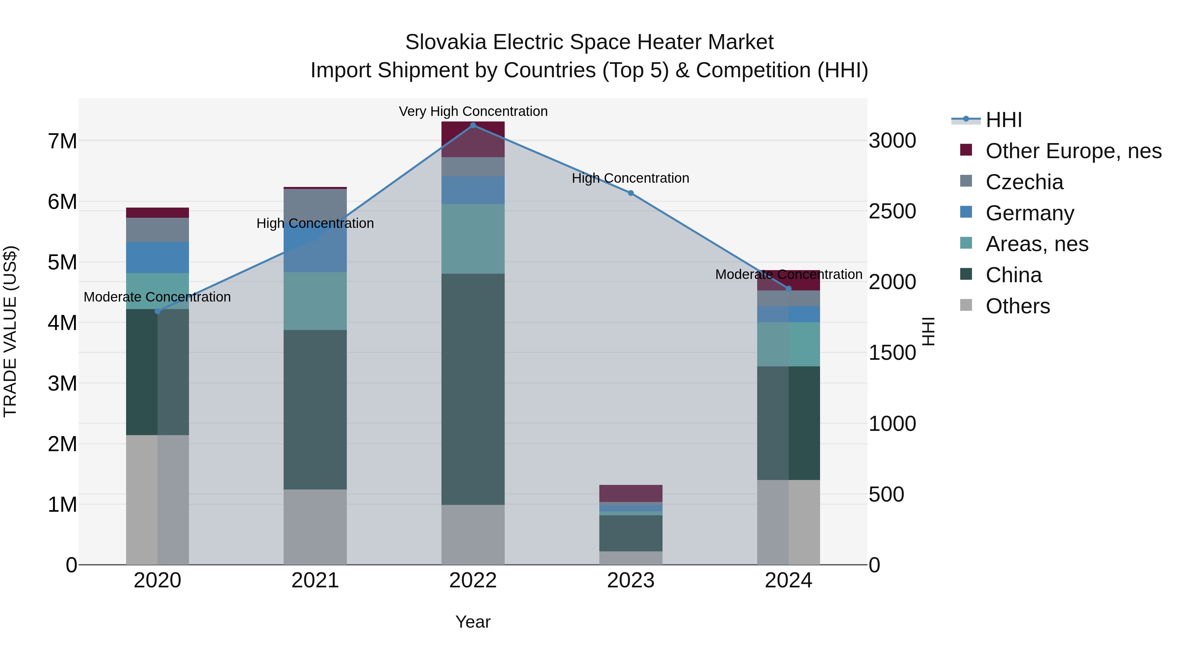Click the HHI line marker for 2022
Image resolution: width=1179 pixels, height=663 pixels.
[473, 125]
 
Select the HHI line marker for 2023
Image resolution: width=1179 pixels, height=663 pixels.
[631, 193]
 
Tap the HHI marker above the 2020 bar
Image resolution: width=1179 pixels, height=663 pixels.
[158, 311]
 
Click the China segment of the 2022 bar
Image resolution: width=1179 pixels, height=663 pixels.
[473, 389]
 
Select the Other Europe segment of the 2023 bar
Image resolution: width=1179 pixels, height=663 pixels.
[631, 493]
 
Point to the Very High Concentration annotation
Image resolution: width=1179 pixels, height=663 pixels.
[473, 111]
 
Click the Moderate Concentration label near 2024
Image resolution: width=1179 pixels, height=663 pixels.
[788, 275]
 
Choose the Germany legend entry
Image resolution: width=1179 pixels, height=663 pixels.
[1029, 213]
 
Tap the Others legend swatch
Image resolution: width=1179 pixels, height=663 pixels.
[966, 305]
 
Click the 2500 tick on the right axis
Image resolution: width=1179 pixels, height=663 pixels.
[892, 212]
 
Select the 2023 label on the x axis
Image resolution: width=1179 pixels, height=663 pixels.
[631, 580]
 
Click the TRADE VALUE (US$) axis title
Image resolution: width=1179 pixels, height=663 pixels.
[10, 331]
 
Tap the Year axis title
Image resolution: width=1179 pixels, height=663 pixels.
[473, 622]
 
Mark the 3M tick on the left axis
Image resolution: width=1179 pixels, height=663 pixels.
[62, 383]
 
